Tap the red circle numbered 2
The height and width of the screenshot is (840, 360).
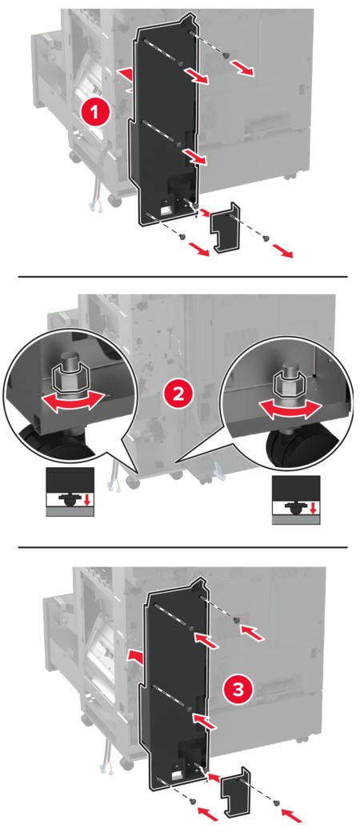pos(177,394)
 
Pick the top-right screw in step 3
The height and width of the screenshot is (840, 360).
pos(237,621)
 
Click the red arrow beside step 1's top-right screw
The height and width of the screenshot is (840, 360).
pos(248,72)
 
